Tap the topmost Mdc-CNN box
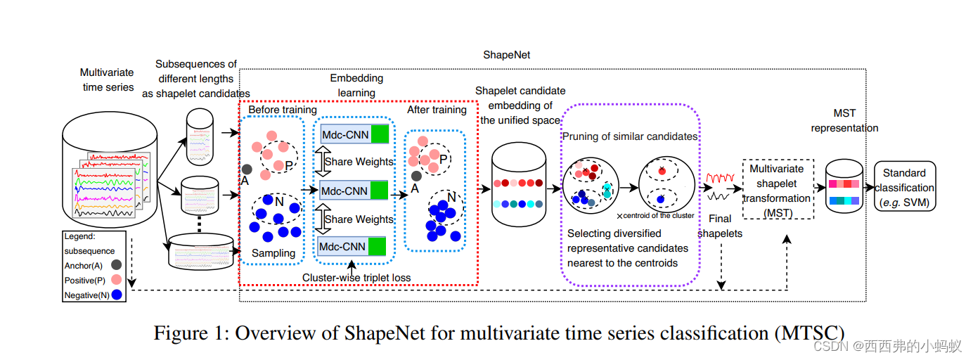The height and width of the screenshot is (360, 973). (354, 134)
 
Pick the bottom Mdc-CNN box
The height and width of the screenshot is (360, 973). (354, 246)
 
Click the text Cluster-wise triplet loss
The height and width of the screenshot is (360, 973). (356, 277)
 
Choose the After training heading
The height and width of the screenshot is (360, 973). (437, 110)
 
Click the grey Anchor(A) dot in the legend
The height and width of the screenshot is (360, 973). (116, 265)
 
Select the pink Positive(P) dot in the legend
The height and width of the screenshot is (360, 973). (116, 280)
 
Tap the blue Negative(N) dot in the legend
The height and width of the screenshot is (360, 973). (116, 295)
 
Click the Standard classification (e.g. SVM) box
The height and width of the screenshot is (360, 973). (905, 188)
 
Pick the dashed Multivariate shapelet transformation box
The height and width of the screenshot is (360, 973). (778, 188)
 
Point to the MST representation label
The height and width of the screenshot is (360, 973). (844, 120)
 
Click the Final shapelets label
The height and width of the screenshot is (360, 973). (720, 226)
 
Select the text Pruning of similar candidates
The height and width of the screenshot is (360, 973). (629, 136)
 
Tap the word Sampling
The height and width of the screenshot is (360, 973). (273, 253)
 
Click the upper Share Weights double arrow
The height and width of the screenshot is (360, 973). (319, 162)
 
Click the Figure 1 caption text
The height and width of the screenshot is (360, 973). (499, 333)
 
